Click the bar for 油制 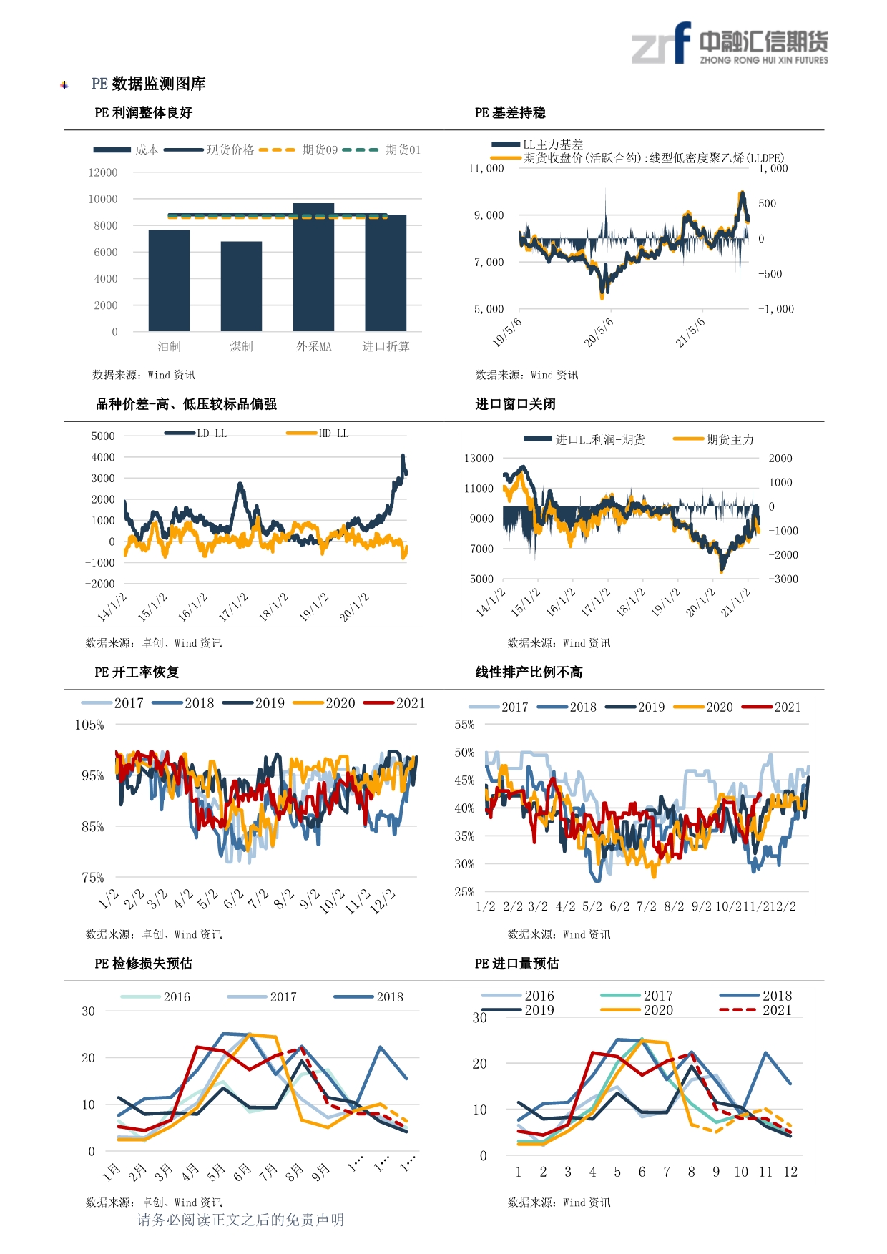coord(170,280)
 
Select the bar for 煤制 coord(241,286)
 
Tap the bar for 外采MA coord(313,268)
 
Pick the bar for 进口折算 coord(386,273)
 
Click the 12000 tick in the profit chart coord(103,172)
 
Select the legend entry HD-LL coord(318,433)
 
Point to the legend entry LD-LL coord(195,433)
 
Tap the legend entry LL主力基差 coord(537,144)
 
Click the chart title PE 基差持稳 coord(510,113)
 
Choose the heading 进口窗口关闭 coord(516,404)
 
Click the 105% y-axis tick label coord(89,725)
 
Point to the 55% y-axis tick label coord(464,724)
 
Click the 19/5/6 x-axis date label coord(507,332)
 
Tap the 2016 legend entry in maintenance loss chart coord(155,997)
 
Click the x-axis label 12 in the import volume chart coord(790,1172)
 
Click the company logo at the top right coord(730,44)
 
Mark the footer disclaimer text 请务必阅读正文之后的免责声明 coord(240,1220)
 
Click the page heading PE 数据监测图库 coord(149,84)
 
